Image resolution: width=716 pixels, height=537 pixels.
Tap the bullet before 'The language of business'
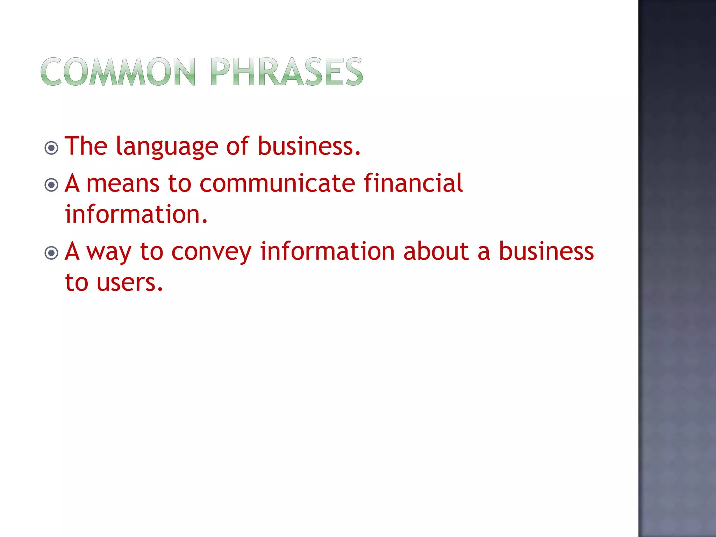51,148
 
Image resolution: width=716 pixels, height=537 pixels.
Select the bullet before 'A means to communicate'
51,185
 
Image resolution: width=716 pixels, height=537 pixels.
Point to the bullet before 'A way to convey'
51,253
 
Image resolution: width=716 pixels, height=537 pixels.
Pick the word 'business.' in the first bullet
309,146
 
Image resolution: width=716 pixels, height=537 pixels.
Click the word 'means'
123,184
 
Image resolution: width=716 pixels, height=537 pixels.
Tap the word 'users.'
130,282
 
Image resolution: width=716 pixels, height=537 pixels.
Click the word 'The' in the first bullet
86,146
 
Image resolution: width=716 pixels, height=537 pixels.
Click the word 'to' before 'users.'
77,282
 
